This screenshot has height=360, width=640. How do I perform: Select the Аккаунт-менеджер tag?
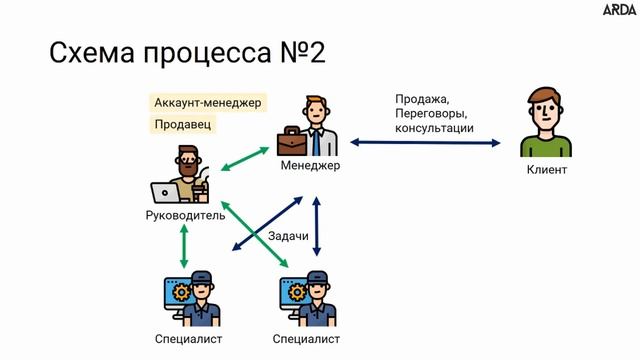point(208,102)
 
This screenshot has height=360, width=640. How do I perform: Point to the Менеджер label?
point(311,165)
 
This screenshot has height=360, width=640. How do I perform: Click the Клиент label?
point(546,170)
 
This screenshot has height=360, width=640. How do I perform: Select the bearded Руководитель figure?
point(183,176)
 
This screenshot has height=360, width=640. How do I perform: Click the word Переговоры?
point(432,114)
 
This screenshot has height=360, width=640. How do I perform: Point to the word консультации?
point(434,129)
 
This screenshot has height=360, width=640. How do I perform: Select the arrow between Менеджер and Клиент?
point(425,143)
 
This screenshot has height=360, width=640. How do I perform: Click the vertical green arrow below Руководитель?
point(184,245)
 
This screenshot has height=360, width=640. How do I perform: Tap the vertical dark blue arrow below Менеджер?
point(317,227)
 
